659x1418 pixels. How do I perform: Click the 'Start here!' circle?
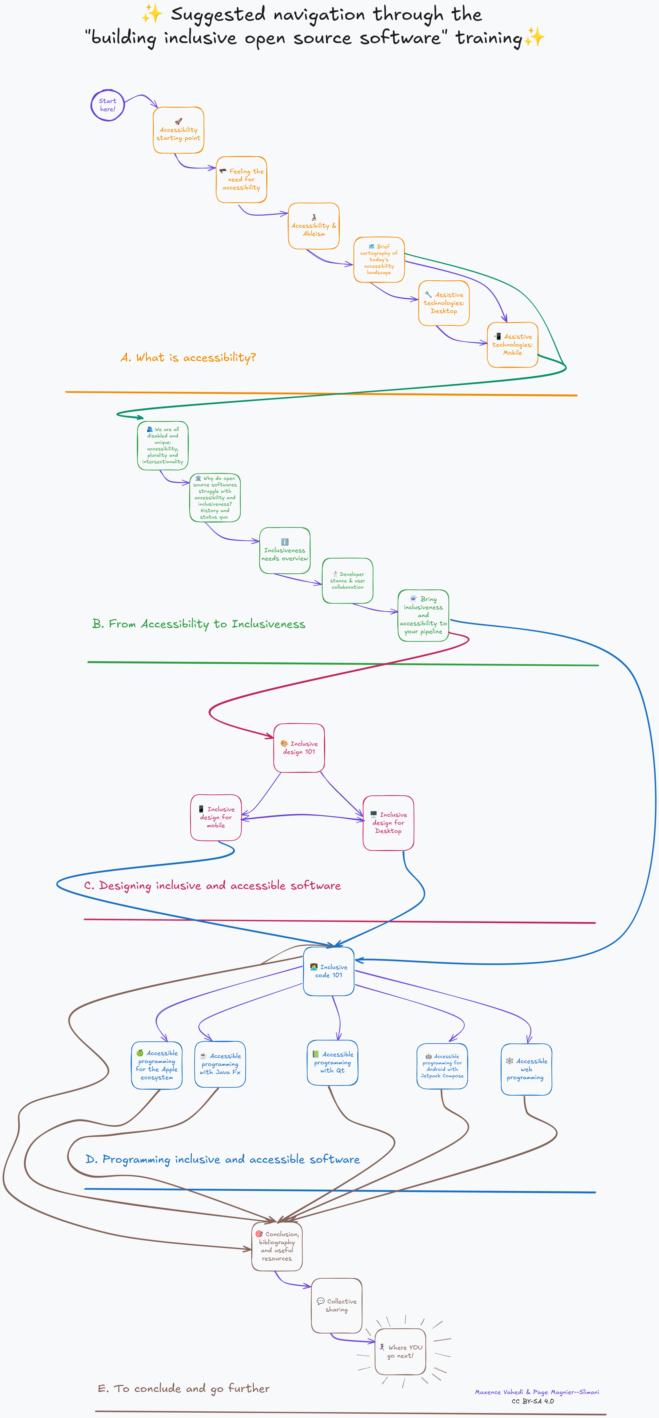pyautogui.click(x=107, y=105)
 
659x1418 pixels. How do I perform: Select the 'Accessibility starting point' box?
pyautogui.click(x=178, y=130)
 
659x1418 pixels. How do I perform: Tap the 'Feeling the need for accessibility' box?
pyautogui.click(x=242, y=179)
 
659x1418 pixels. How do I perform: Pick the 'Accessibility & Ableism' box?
pyautogui.click(x=314, y=226)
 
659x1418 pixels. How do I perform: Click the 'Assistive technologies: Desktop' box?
pyautogui.click(x=444, y=303)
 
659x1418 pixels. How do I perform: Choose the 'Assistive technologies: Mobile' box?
pyautogui.click(x=513, y=345)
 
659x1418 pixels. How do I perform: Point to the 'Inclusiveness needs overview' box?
pyautogui.click(x=285, y=550)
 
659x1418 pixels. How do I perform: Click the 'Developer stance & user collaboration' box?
pyautogui.click(x=347, y=581)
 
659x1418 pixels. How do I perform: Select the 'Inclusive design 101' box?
pyautogui.click(x=299, y=747)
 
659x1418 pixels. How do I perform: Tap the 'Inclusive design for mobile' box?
pyautogui.click(x=216, y=817)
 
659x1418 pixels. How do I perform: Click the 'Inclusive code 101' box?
pyautogui.click(x=329, y=971)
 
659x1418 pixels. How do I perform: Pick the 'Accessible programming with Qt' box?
pyautogui.click(x=333, y=1062)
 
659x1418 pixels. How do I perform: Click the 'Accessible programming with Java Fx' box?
pyautogui.click(x=220, y=1064)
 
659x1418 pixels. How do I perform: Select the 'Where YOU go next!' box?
pyautogui.click(x=400, y=1351)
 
